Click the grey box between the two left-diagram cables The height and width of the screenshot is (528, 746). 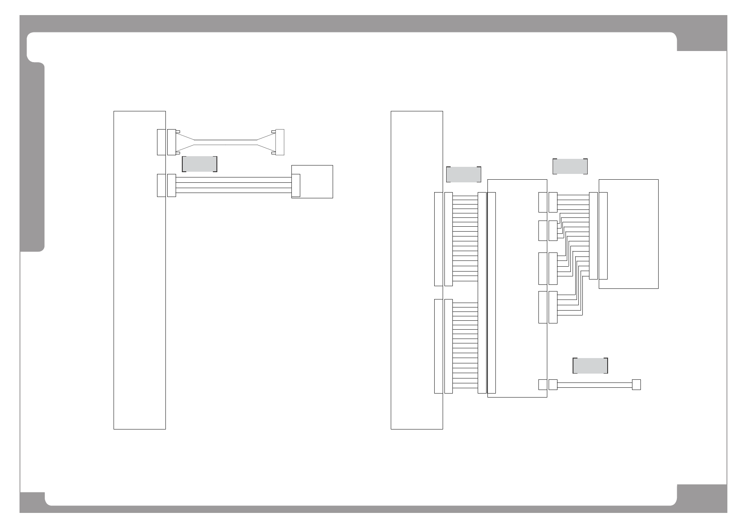click(x=199, y=164)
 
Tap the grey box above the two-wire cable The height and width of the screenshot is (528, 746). click(x=590, y=366)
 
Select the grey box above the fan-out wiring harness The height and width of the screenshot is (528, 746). click(x=570, y=166)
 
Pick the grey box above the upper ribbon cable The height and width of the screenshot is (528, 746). click(x=463, y=174)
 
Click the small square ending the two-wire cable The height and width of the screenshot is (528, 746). click(x=636, y=385)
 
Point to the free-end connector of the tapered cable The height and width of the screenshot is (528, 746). click(x=279, y=142)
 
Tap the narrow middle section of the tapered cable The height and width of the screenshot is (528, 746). click(x=226, y=142)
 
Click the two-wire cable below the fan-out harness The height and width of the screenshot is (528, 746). click(x=594, y=385)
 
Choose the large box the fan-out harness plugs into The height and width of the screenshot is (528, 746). click(x=628, y=234)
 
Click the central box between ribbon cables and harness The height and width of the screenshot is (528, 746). click(x=517, y=288)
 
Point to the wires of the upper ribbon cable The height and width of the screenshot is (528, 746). click(x=465, y=239)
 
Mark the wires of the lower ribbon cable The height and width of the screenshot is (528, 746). click(x=465, y=346)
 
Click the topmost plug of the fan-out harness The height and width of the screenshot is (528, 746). click(x=553, y=202)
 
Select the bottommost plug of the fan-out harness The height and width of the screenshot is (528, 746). click(x=553, y=307)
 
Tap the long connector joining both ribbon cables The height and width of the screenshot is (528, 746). click(x=482, y=293)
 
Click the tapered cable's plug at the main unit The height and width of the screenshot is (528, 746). click(x=171, y=142)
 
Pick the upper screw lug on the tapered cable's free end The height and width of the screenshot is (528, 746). click(x=273, y=131)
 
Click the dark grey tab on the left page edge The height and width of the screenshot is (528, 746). click(x=32, y=158)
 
